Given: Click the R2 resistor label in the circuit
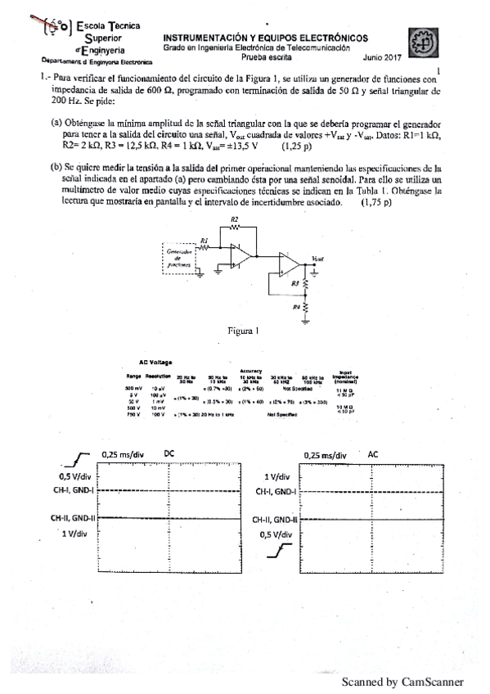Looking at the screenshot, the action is pyautogui.click(x=235, y=220).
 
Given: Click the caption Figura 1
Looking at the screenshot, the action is pyautogui.click(x=243, y=331).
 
